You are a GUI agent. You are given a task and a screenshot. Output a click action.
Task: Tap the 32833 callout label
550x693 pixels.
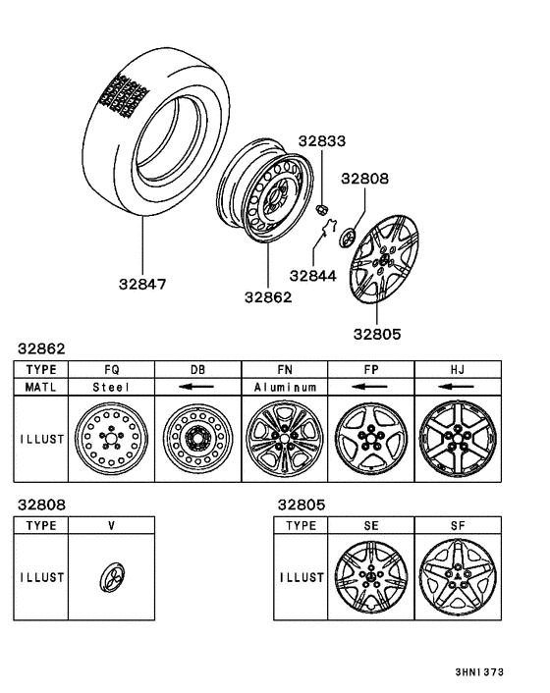(x=323, y=142)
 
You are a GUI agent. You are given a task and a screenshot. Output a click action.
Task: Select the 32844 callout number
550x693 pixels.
(x=313, y=276)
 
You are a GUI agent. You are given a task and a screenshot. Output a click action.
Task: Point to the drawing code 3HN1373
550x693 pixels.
(x=478, y=672)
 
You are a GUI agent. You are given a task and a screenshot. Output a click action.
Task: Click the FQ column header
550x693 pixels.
(x=111, y=369)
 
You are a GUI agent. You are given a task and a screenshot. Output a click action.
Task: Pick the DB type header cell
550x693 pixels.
(x=197, y=369)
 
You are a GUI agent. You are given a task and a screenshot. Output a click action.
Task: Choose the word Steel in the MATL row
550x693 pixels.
(x=111, y=387)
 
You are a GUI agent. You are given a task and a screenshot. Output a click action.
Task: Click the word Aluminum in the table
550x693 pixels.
(x=284, y=387)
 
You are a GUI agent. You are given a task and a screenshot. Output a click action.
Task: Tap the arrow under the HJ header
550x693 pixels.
(x=458, y=387)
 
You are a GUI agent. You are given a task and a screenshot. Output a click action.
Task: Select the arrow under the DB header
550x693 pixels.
(x=197, y=387)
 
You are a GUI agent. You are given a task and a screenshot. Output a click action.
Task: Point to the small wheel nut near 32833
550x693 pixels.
(x=321, y=207)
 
